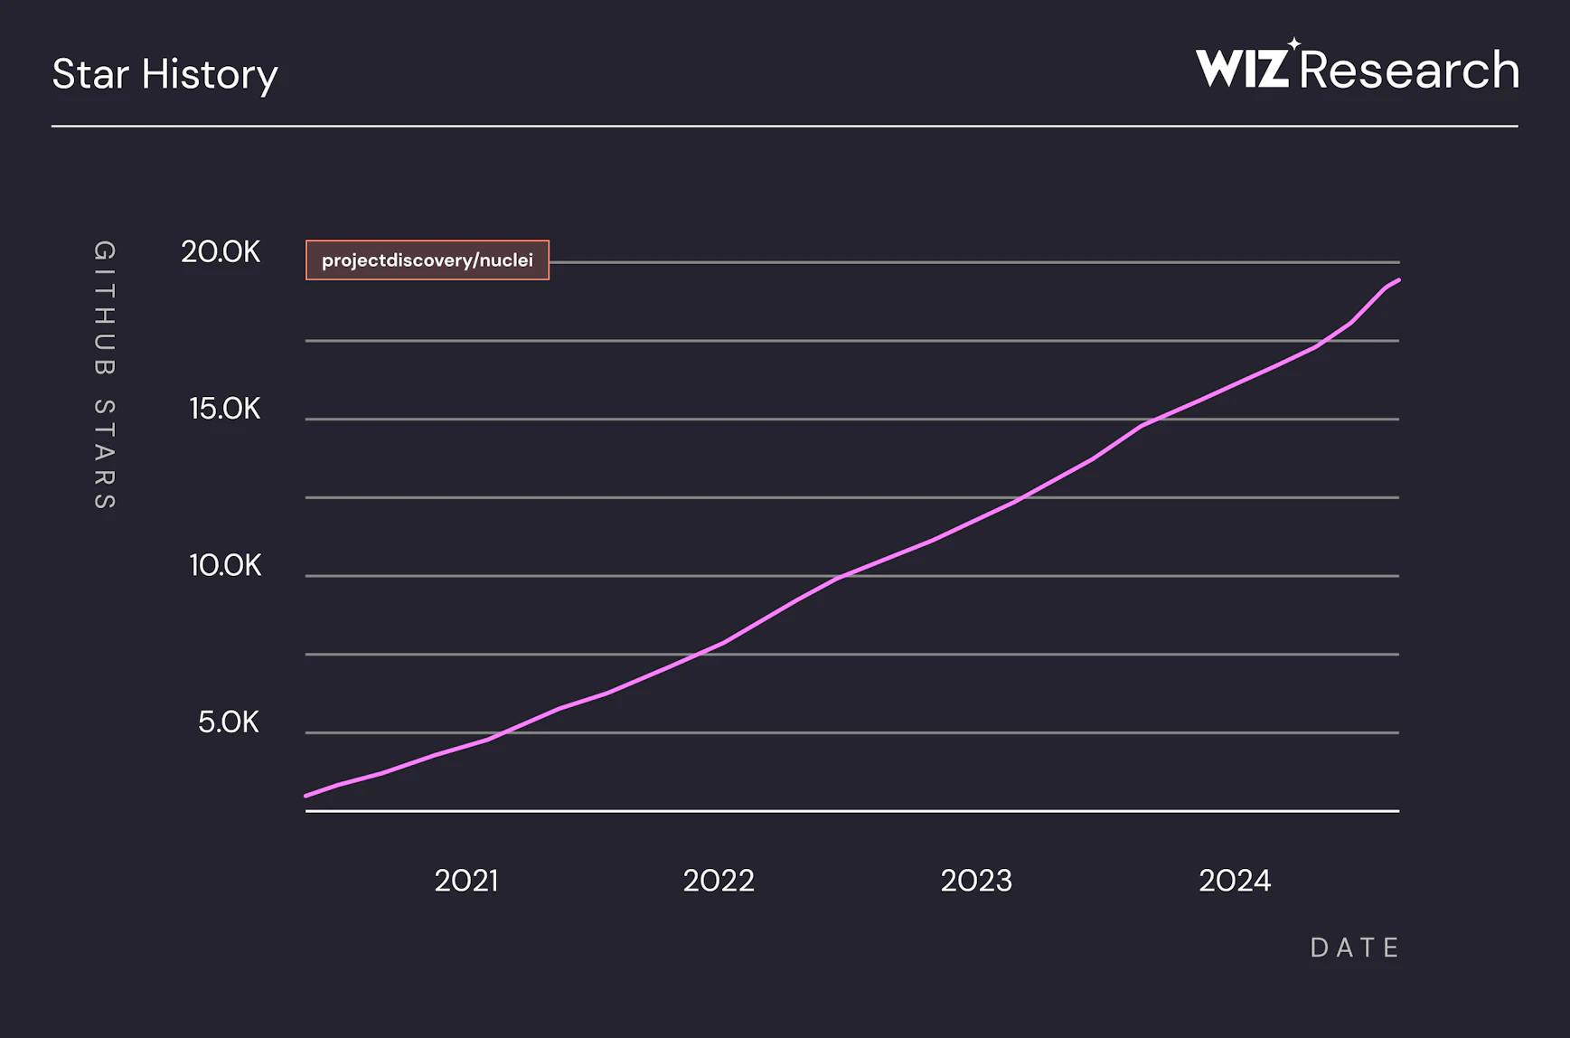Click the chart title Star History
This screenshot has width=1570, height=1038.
pyautogui.click(x=165, y=74)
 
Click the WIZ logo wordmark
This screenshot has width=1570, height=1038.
pyautogui.click(x=1242, y=69)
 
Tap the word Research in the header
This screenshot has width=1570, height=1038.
pyautogui.click(x=1409, y=70)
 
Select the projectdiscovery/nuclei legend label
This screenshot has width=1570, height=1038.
pyautogui.click(x=428, y=260)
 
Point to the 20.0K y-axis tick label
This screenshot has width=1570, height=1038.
pyautogui.click(x=221, y=252)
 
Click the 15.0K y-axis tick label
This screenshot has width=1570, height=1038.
pyautogui.click(x=224, y=410)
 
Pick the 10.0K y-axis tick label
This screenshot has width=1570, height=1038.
pyautogui.click(x=224, y=566)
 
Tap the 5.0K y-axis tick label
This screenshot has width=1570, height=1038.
pyautogui.click(x=228, y=722)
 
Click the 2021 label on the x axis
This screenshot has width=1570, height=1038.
pyautogui.click(x=466, y=881)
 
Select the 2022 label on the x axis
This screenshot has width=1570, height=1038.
pyautogui.click(x=719, y=881)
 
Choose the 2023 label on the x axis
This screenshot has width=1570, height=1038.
pyautogui.click(x=976, y=881)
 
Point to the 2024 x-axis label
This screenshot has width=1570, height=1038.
pyautogui.click(x=1235, y=881)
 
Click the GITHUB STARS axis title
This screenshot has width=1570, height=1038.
pyautogui.click(x=105, y=375)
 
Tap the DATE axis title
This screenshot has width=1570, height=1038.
pyautogui.click(x=1355, y=948)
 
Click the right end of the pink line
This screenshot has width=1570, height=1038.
pyautogui.click(x=1398, y=280)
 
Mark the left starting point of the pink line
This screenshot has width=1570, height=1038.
pyautogui.click(x=307, y=796)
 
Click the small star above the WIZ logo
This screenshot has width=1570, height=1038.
pyautogui.click(x=1294, y=43)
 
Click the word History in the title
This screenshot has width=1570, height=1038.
pyautogui.click(x=221, y=74)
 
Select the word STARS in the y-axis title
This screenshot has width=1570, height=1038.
pyautogui.click(x=105, y=454)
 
